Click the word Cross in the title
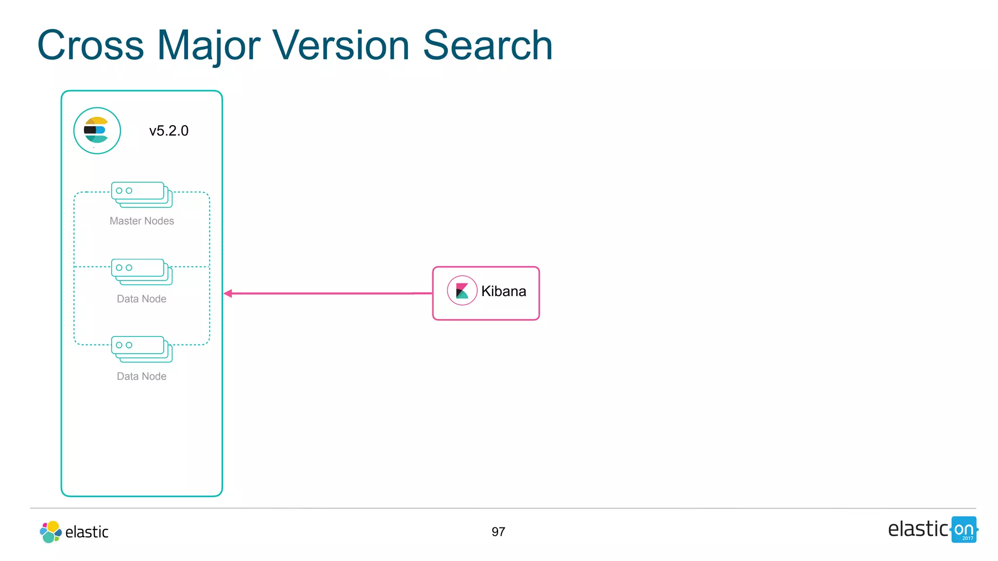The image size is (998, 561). [x=90, y=45]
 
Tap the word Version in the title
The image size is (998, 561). [x=341, y=45]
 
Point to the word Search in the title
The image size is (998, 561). [x=487, y=45]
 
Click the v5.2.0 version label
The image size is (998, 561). [x=169, y=131]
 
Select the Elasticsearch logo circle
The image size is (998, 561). [x=97, y=131]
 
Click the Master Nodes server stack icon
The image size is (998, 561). [x=141, y=194]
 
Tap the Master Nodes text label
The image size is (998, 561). [x=141, y=221]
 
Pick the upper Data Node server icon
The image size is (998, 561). [x=141, y=272]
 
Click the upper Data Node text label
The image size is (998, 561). [x=141, y=299]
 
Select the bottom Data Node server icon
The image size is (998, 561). [x=141, y=349]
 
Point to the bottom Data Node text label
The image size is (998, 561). [x=141, y=376]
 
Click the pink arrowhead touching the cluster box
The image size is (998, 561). [x=228, y=293]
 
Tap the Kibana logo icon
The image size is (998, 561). [x=461, y=291]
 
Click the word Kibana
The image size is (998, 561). [x=503, y=291]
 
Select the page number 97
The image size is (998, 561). [x=498, y=532]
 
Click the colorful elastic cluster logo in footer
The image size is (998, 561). [x=50, y=532]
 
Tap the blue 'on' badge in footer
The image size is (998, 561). [x=964, y=529]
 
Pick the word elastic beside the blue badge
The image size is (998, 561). [x=918, y=529]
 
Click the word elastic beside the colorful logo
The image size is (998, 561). [x=87, y=532]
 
